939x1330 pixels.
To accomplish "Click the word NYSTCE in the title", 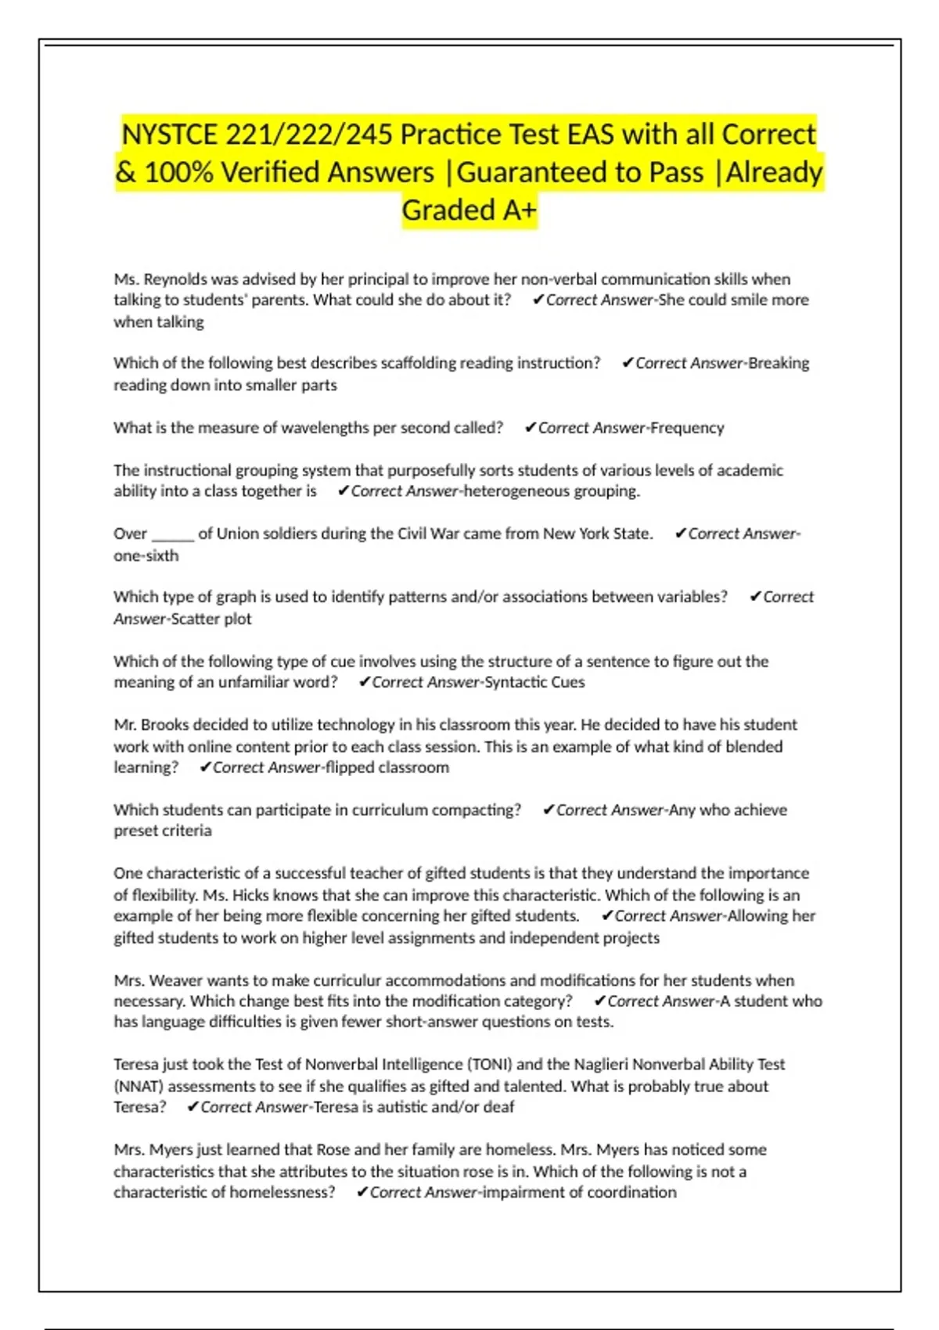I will (x=169, y=135).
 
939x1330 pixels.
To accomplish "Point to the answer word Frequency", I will (x=687, y=428).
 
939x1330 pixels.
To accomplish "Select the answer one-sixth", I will (x=146, y=555).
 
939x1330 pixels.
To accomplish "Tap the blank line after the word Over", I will (x=172, y=534).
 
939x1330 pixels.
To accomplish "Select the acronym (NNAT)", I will (x=139, y=1087).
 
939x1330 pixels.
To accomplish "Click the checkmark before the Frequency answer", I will (x=530, y=428).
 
